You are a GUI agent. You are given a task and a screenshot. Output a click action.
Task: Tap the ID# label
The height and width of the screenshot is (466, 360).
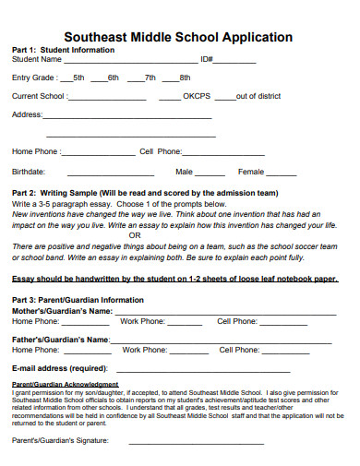point(208,59)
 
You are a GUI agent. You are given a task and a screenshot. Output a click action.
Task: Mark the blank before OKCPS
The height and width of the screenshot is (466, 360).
point(171,97)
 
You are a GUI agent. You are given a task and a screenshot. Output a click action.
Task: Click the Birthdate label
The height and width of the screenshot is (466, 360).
point(29,172)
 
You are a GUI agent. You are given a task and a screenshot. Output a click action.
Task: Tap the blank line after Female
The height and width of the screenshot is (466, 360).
point(282,173)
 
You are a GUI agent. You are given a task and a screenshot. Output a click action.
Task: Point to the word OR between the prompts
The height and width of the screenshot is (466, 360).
point(135,235)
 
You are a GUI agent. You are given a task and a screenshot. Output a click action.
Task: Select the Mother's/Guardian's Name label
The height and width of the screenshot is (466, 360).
point(62,311)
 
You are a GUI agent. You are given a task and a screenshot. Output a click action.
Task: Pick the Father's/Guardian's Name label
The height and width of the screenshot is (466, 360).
point(60,340)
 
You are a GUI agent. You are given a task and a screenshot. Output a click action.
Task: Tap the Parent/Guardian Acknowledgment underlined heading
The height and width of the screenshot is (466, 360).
point(65,384)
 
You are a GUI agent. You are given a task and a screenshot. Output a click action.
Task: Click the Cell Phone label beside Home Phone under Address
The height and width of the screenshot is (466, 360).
point(161,151)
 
